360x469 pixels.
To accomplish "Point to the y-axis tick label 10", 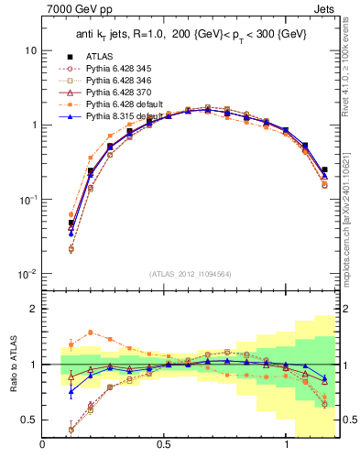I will coord(30,50).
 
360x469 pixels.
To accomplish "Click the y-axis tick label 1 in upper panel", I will coord(34,125).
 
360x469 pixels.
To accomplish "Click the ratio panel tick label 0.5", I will coord(29,420).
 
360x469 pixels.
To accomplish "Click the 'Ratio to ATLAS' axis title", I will coord(12,364).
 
